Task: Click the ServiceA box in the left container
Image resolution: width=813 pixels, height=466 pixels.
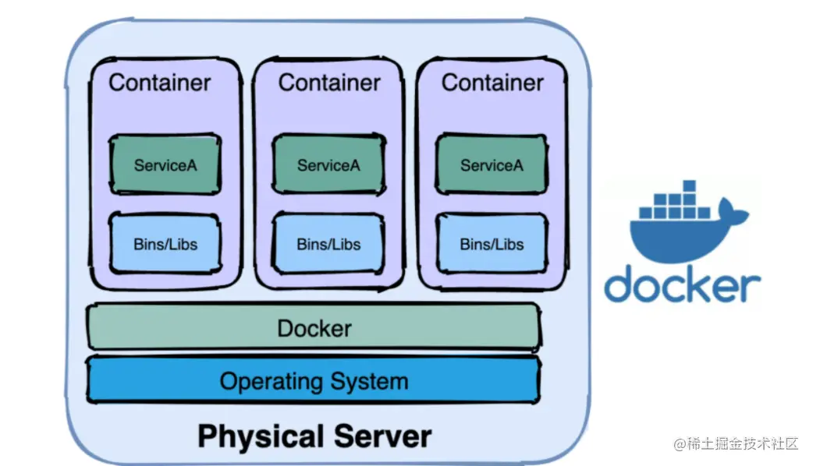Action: click(x=165, y=164)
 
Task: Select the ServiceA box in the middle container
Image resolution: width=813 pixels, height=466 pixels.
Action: click(x=328, y=164)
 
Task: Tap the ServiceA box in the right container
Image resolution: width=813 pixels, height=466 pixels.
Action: click(x=491, y=164)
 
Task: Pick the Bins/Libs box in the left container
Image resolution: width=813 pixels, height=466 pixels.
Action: click(x=165, y=244)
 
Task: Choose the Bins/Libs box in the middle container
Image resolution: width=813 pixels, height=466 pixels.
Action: click(x=328, y=244)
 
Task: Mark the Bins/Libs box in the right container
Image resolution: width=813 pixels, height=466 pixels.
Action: click(x=491, y=244)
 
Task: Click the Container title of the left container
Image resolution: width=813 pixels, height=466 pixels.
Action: click(x=159, y=83)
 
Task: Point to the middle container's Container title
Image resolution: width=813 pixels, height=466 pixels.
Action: click(x=329, y=83)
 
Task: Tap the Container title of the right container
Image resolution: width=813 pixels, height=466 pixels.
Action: click(x=492, y=83)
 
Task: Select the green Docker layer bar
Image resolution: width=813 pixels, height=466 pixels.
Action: click(x=314, y=328)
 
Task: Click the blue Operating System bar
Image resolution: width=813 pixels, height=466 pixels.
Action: click(x=314, y=381)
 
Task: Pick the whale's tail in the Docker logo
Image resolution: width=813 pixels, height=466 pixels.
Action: click(x=737, y=210)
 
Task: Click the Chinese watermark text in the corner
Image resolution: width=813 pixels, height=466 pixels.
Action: click(x=737, y=443)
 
